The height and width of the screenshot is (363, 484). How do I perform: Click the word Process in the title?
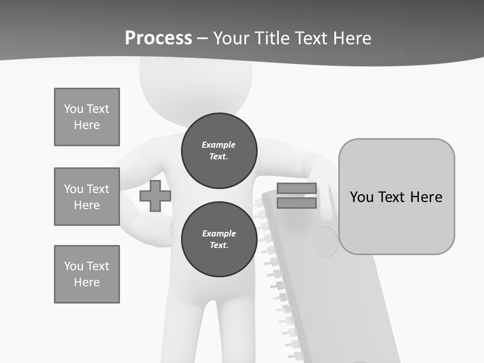tap(158, 38)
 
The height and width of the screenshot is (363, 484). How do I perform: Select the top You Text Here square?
tap(87, 117)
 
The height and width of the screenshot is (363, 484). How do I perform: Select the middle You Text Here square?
tap(87, 197)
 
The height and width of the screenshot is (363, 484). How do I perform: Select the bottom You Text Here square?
tap(87, 274)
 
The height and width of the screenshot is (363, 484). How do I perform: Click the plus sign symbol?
tap(155, 196)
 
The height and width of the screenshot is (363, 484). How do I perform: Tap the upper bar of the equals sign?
tap(296, 188)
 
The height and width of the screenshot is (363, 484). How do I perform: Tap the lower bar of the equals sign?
tap(296, 203)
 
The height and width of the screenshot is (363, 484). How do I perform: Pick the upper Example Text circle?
tap(219, 151)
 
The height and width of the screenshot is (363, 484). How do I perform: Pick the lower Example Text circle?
tap(219, 239)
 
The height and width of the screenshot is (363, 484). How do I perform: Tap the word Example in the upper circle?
tap(219, 145)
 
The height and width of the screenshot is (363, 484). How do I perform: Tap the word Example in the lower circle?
tap(219, 233)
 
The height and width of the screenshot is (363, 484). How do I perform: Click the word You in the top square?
tap(74, 109)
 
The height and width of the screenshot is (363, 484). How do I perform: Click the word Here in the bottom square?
tap(87, 282)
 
